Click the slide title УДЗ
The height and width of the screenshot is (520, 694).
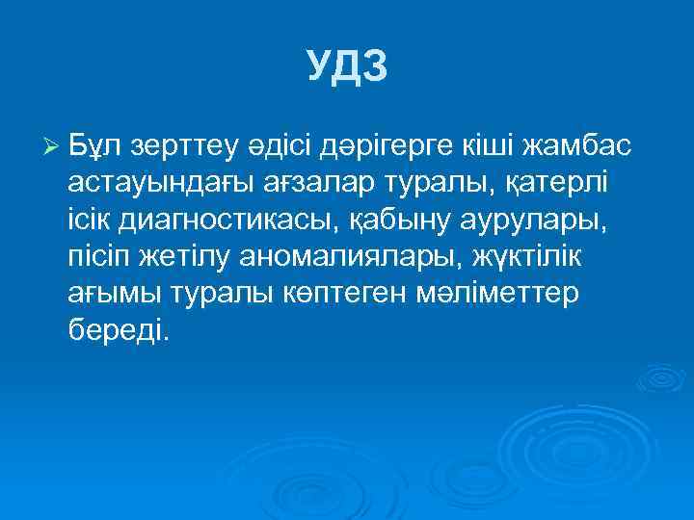point(347,65)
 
